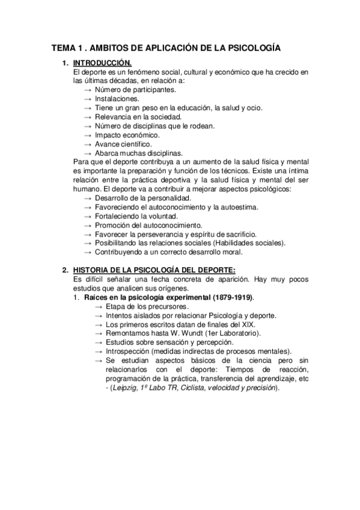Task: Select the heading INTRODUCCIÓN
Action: point(102,63)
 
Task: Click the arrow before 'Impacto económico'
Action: point(88,135)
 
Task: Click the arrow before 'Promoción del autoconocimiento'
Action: point(88,225)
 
